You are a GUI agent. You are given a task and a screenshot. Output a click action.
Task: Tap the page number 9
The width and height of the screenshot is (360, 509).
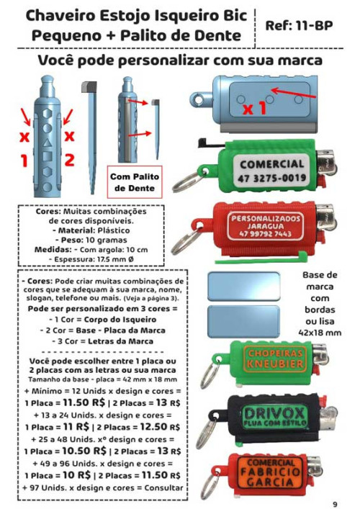335,503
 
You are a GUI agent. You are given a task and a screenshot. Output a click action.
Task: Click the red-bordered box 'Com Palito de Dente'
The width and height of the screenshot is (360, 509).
132,181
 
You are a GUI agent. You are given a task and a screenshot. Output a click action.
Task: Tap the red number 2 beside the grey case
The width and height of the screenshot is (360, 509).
70,160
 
